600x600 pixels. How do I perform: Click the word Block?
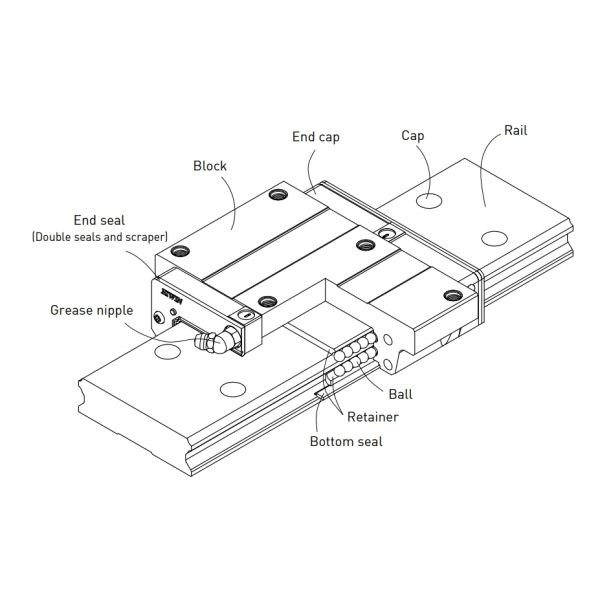[209, 166]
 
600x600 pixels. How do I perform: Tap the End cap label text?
[316, 136]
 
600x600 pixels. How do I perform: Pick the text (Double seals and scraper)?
[99, 237]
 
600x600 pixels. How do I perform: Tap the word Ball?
[401, 394]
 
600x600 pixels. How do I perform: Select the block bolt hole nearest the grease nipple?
[265, 300]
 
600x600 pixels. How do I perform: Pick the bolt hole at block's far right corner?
[452, 294]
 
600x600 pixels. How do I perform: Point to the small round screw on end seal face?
[158, 318]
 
